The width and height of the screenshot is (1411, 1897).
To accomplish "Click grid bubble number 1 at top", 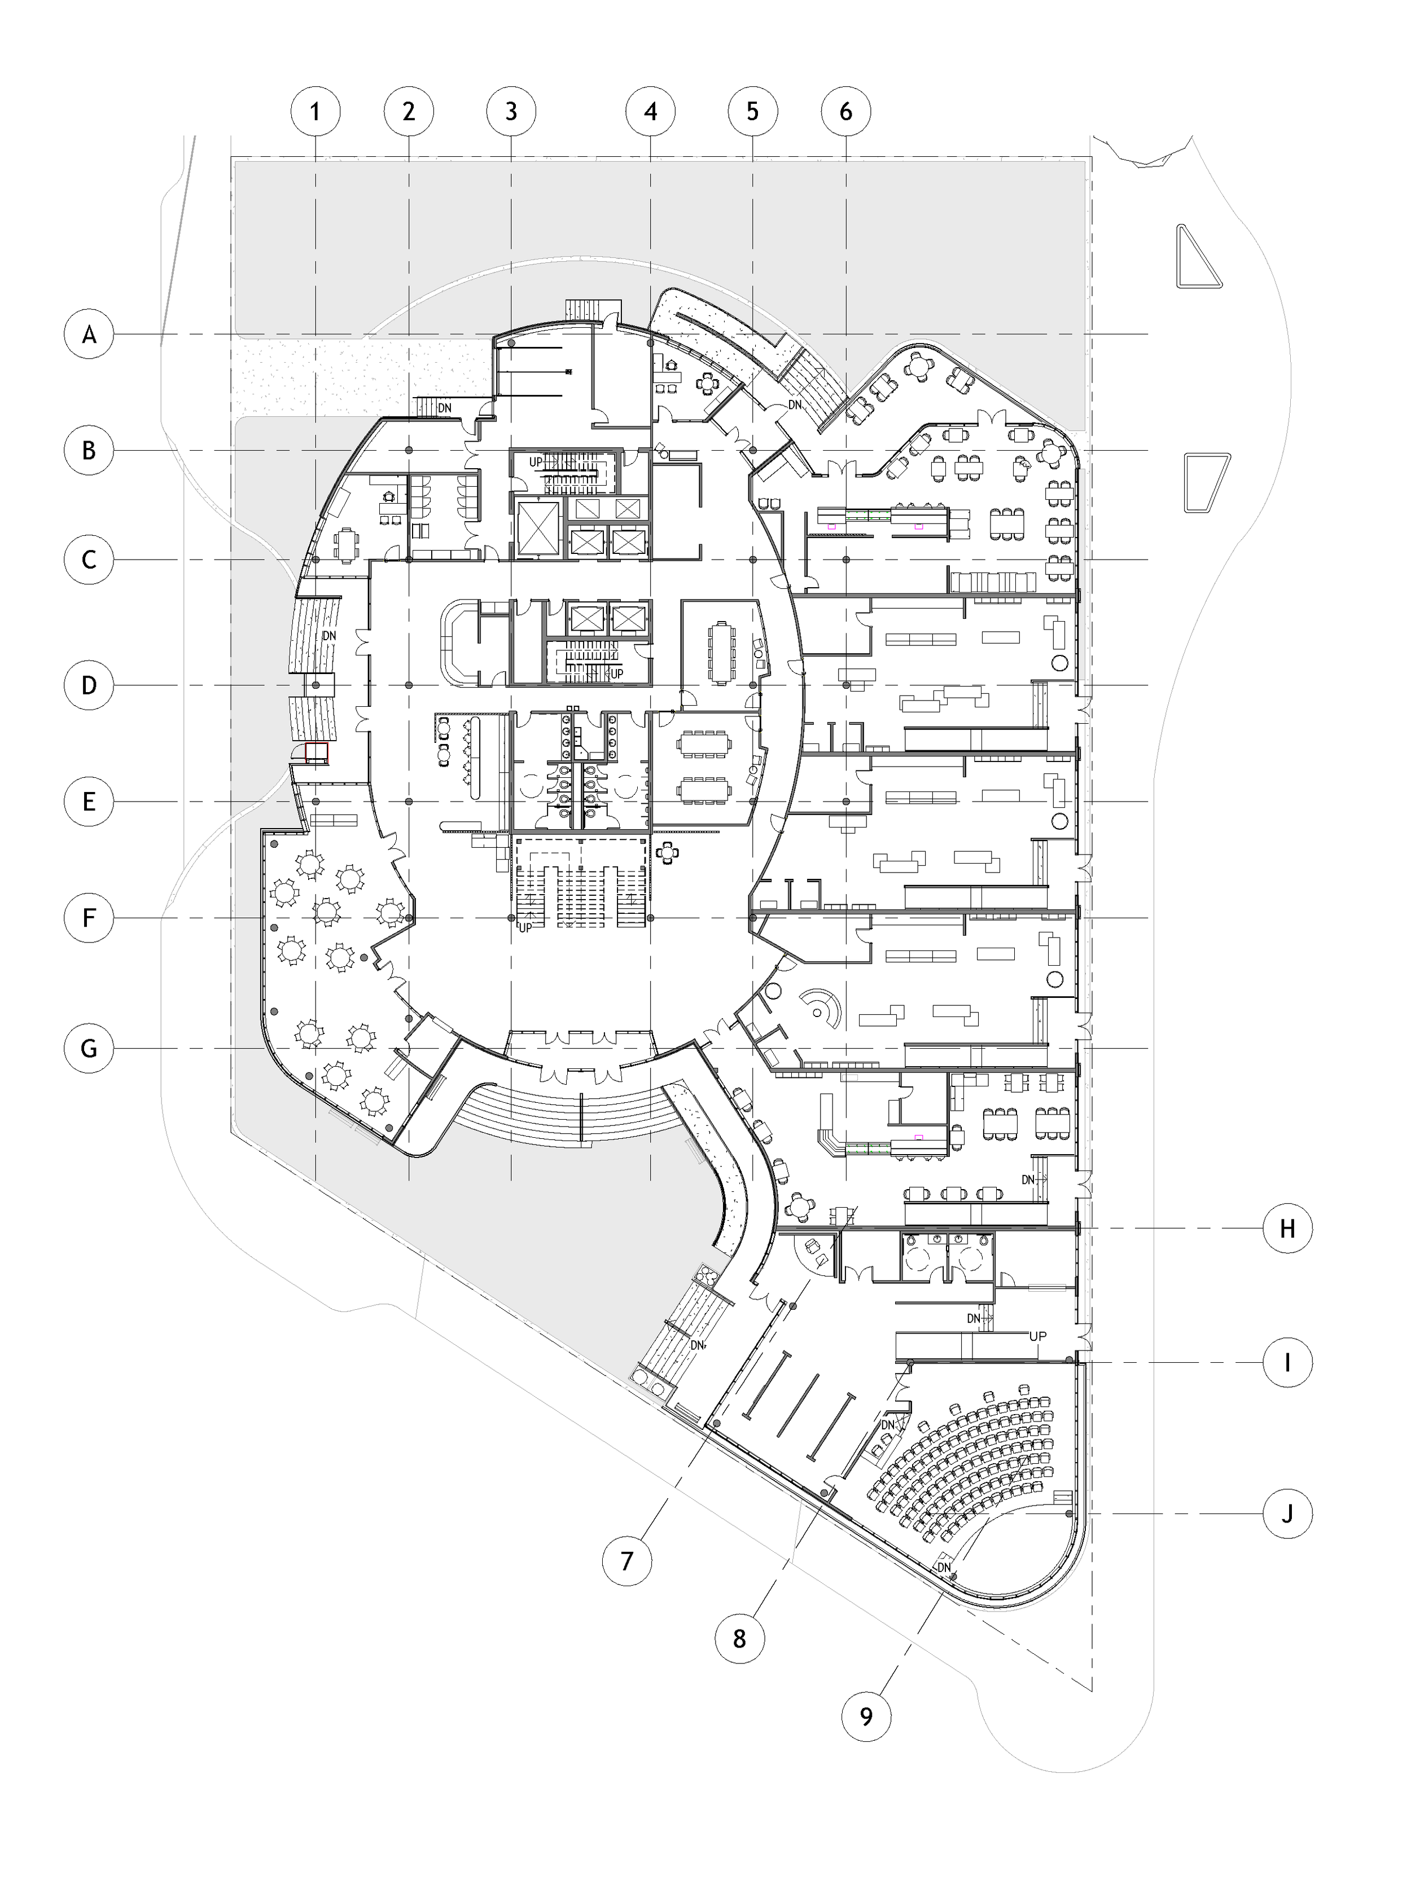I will [315, 111].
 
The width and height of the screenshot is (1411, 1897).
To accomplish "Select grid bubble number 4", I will [651, 111].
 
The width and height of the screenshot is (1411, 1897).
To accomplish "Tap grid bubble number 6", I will [845, 111].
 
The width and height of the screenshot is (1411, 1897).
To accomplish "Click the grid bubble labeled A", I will [89, 334].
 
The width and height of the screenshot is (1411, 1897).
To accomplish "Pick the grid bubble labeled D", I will [89, 685].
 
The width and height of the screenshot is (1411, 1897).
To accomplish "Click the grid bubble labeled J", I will [1287, 1513].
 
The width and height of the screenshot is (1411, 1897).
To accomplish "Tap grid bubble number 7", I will [627, 1561].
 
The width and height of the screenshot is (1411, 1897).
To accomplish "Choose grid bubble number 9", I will [866, 1716].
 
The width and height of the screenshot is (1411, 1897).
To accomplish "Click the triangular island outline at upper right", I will [1198, 258].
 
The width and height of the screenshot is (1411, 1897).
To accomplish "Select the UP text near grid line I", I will [1038, 1336].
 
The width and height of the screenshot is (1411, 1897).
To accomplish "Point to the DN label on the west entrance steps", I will [329, 636].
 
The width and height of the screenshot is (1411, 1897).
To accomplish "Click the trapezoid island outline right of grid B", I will [1206, 482].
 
